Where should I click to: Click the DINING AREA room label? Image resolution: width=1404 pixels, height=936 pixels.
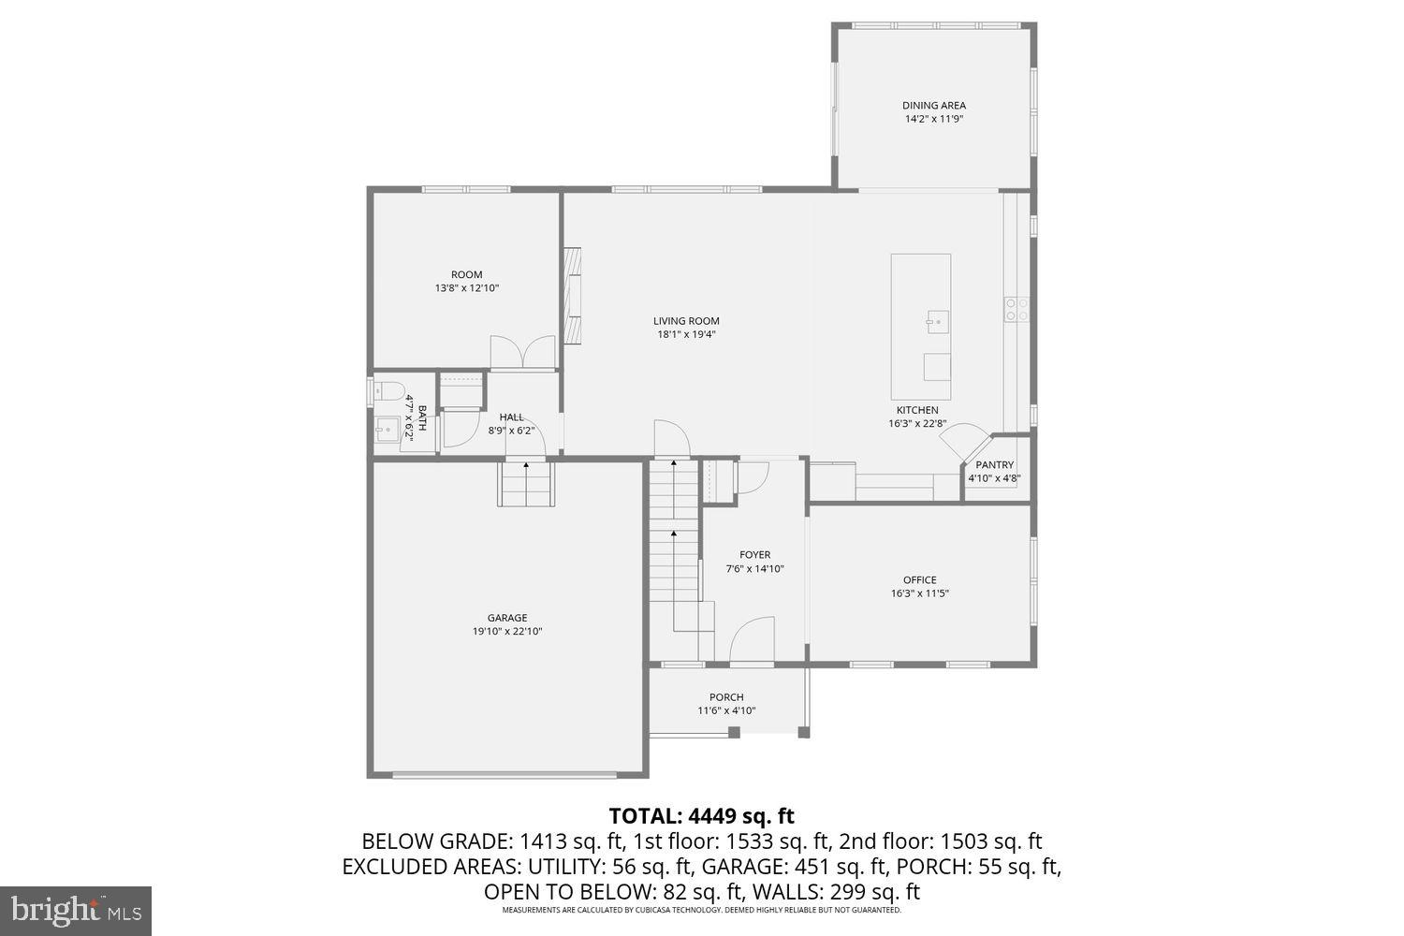(x=933, y=106)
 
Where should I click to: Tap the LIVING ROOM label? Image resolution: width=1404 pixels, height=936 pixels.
(x=686, y=321)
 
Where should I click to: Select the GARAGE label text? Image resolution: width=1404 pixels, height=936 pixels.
(x=506, y=618)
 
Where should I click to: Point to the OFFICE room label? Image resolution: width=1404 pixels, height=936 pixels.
(x=919, y=580)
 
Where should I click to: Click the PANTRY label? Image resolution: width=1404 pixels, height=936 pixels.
(x=994, y=465)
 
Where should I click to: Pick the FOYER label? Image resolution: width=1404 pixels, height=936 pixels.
(x=754, y=555)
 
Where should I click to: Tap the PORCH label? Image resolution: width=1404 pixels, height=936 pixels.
(x=726, y=697)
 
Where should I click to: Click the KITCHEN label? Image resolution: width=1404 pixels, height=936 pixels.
(x=916, y=410)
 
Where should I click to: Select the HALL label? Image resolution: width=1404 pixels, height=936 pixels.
(x=511, y=417)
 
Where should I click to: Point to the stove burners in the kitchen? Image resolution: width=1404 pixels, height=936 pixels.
(x=1016, y=309)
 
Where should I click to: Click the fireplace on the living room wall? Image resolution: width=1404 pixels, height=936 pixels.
(x=571, y=295)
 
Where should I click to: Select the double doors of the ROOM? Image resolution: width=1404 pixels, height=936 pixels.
(x=524, y=353)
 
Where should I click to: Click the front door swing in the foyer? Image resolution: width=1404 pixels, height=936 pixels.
(x=752, y=640)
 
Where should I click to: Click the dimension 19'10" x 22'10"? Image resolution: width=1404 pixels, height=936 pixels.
(x=506, y=632)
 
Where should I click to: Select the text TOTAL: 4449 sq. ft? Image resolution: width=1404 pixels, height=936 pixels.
(x=701, y=816)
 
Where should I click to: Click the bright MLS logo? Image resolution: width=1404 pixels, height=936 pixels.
(x=76, y=910)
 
